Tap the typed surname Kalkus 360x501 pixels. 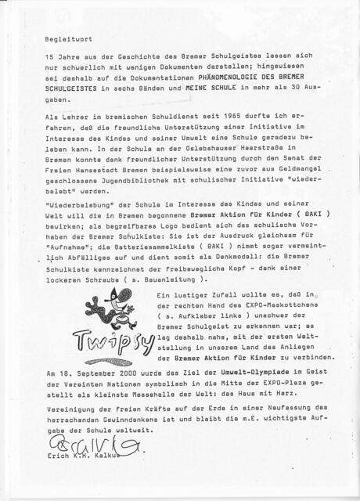[125, 455]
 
